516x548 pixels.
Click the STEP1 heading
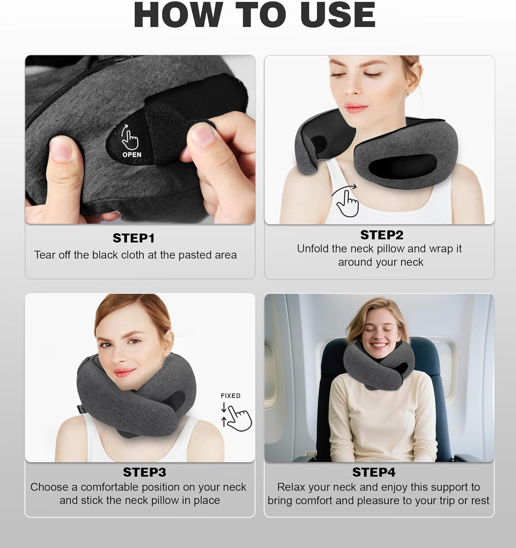(133, 238)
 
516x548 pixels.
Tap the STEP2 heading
(382, 235)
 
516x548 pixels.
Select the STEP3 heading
(144, 472)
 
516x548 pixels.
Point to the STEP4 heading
(373, 472)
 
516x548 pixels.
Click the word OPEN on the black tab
(132, 155)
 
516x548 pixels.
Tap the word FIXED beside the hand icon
(231, 396)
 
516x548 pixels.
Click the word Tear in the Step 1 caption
(44, 255)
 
